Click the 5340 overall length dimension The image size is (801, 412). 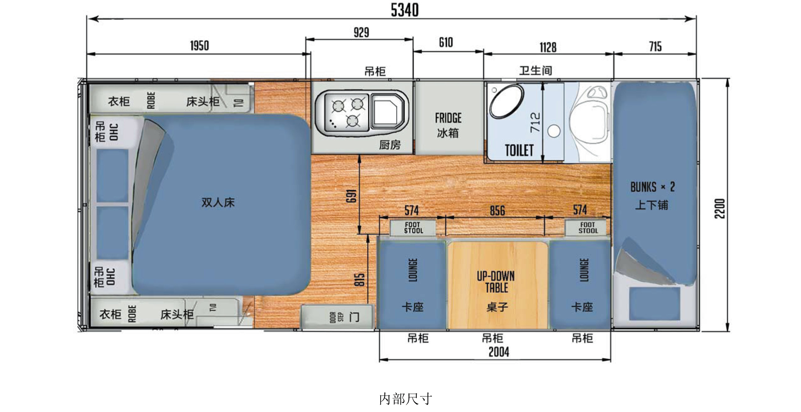coord(404,10)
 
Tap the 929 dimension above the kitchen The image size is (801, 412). coord(361,32)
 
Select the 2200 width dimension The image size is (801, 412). coord(720,208)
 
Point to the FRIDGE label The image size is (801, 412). coord(448,118)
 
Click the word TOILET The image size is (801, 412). coord(519,150)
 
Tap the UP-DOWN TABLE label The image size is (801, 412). coord(496,282)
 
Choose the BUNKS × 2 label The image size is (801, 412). coord(652,187)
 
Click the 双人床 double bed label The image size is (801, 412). coord(218,202)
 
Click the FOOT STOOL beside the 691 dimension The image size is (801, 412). coord(413,228)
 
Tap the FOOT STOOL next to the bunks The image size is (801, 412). coord(588,228)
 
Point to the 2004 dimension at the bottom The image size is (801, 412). coord(499,352)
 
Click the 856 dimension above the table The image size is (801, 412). coord(497,211)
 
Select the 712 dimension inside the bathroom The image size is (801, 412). coord(535,123)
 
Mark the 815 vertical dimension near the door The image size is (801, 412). coord(360,279)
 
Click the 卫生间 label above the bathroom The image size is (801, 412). coord(535,70)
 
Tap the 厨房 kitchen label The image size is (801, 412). coord(390,145)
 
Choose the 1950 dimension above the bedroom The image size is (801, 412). coord(199,46)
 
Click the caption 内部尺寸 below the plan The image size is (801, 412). coord(406,399)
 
